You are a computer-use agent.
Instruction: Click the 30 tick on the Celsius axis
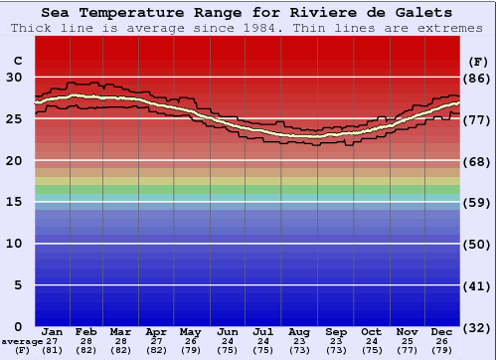(16, 78)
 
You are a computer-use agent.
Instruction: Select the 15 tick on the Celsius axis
(16, 202)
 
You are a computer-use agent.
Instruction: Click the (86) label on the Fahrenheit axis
(477, 78)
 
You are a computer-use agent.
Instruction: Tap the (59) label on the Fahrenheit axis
(477, 202)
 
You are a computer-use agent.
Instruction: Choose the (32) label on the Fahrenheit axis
(477, 327)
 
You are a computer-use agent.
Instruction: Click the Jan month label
(53, 331)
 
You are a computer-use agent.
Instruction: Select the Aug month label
(299, 331)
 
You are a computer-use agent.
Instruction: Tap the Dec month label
(441, 331)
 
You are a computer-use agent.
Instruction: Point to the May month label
(191, 331)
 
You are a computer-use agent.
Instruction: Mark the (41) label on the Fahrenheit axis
(477, 285)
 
